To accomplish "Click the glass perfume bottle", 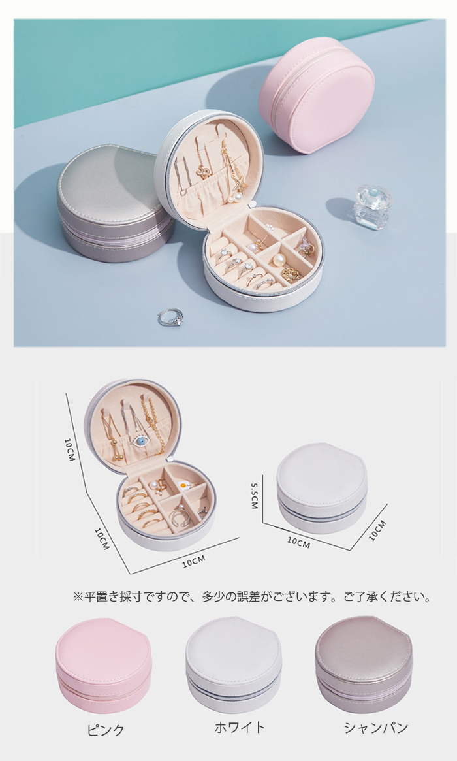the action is [371, 207].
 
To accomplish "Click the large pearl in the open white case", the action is [279, 261].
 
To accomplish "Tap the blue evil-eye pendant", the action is [140, 441].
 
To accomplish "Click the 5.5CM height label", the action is [255, 496].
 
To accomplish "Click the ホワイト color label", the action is [240, 727].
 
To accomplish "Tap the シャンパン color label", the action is [375, 728].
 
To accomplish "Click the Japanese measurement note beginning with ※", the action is [252, 596].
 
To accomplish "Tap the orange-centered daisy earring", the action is [182, 485].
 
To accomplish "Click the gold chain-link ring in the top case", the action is [291, 275].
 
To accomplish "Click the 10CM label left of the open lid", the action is [70, 449].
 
